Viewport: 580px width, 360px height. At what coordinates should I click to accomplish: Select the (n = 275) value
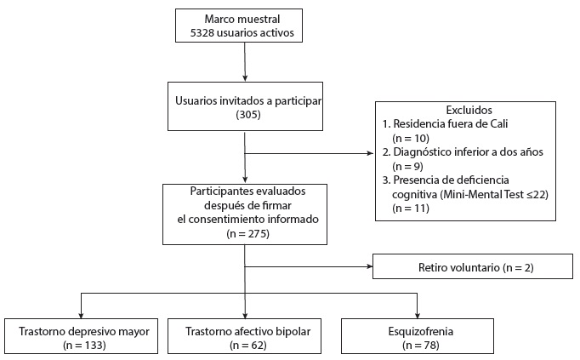(245, 232)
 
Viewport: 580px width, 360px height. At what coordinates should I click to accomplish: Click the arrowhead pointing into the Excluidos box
(371, 154)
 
